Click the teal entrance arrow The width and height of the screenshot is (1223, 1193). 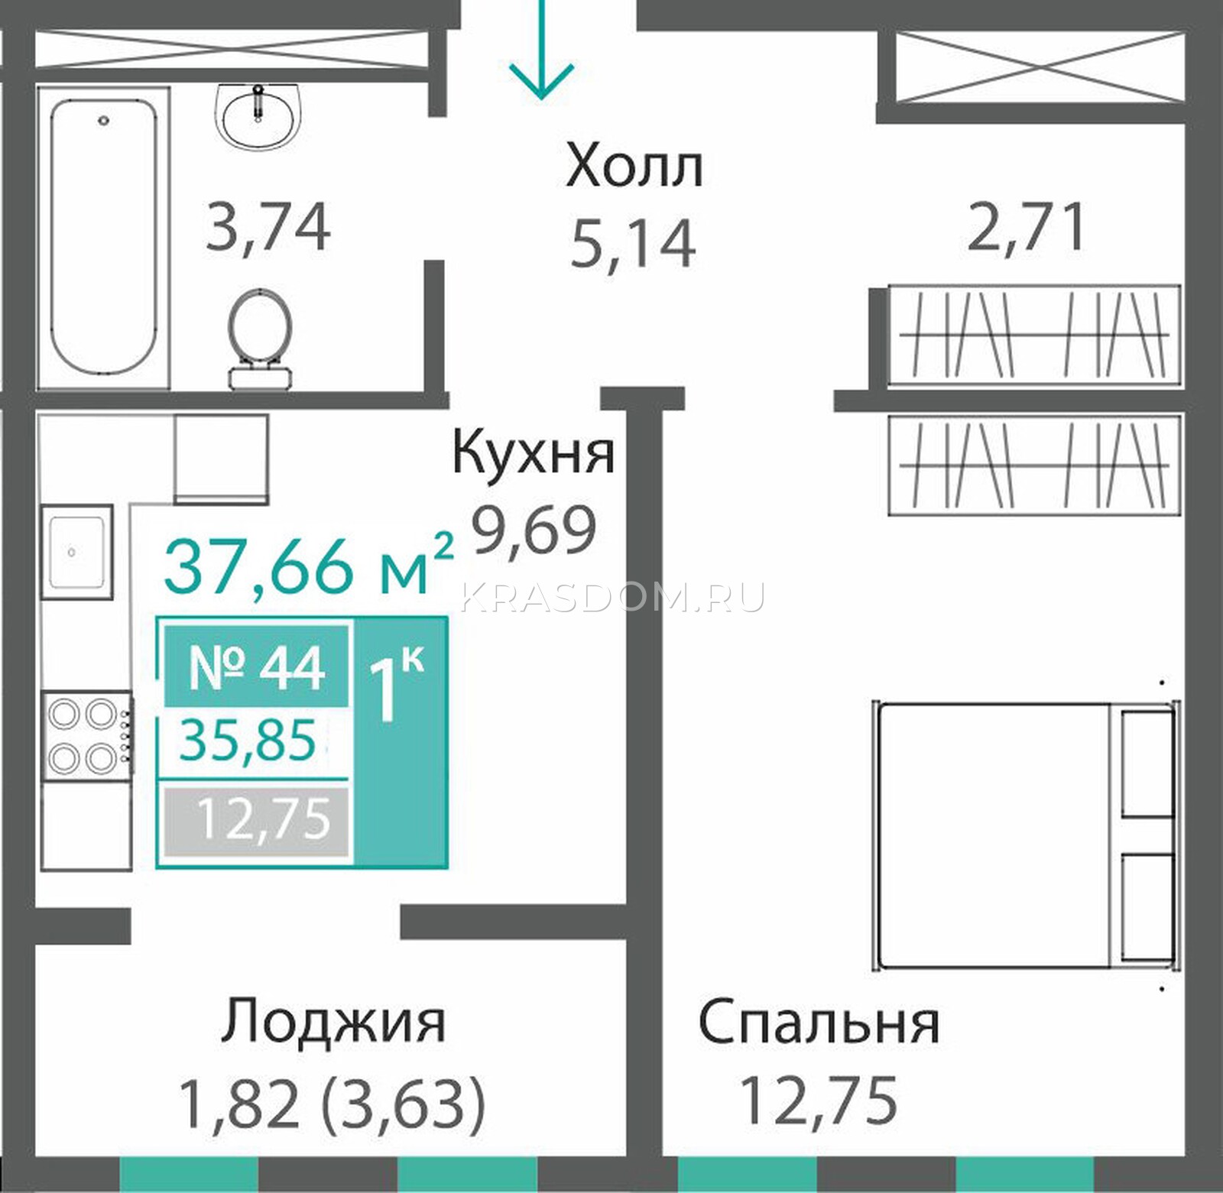point(541,50)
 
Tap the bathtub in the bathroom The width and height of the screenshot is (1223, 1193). point(104,238)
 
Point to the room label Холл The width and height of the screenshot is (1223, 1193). point(634,168)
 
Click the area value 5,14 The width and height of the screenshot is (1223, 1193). point(634,243)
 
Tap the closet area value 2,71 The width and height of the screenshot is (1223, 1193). point(1026,228)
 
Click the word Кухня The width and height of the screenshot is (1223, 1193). point(534,453)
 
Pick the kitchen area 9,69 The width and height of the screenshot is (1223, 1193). point(533,531)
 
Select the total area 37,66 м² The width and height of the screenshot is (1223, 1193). point(309,566)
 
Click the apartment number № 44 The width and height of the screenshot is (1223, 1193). point(257,669)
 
